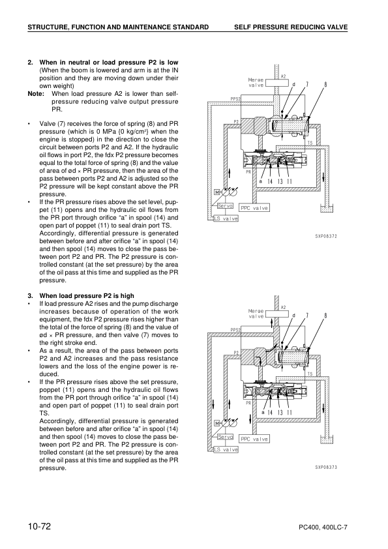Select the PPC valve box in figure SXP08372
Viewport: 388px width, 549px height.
[x=254, y=208]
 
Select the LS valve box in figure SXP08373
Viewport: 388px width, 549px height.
[x=226, y=449]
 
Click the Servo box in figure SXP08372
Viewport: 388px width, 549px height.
[x=226, y=206]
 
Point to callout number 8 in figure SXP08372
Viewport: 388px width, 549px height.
[x=325, y=84]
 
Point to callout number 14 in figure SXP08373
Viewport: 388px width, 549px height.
[x=270, y=412]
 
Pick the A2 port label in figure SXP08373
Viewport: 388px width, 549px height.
[x=283, y=307]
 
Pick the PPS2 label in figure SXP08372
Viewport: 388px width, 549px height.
[x=236, y=99]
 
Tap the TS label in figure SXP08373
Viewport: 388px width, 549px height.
[x=310, y=374]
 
